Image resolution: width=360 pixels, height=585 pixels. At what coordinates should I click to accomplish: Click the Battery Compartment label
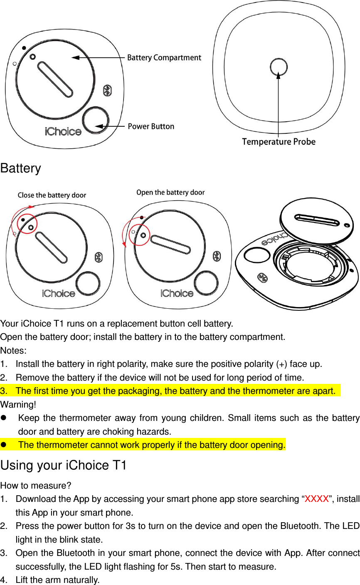(164, 58)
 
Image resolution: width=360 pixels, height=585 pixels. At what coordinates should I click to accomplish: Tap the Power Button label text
(150, 126)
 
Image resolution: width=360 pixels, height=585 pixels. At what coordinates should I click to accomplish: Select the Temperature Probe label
(279, 142)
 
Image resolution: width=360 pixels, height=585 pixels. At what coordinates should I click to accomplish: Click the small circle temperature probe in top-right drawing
(278, 67)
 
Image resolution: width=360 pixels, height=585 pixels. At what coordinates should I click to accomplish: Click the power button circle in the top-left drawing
(96, 119)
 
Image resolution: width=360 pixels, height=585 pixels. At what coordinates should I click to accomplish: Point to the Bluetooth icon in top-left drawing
(107, 90)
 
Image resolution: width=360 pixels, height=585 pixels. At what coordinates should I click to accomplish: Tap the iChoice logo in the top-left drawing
(63, 132)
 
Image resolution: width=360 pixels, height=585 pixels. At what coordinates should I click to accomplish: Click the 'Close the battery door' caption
(52, 195)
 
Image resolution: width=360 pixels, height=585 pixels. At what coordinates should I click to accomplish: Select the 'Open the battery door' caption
(170, 192)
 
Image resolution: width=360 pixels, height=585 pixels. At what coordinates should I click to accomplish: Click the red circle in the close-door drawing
(27, 224)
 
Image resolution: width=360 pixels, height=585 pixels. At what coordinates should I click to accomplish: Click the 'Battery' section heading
(21, 169)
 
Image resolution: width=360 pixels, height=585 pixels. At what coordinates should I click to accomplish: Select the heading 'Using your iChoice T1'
(63, 465)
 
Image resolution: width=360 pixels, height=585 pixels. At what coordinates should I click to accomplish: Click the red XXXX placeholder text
(317, 499)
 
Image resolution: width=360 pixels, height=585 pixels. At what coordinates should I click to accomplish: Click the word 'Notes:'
(13, 350)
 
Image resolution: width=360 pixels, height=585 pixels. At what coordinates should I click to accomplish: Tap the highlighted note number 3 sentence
(175, 391)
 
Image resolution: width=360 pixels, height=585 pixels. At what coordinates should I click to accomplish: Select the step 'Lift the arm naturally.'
(57, 580)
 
